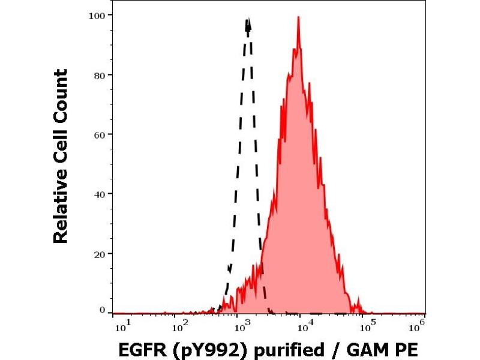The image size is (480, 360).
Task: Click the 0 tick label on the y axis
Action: tap(103, 310)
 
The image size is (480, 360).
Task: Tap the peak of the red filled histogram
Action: tap(298, 17)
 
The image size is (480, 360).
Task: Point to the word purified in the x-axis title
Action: tap(278, 347)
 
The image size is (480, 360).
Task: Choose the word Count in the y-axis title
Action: tap(61, 95)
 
